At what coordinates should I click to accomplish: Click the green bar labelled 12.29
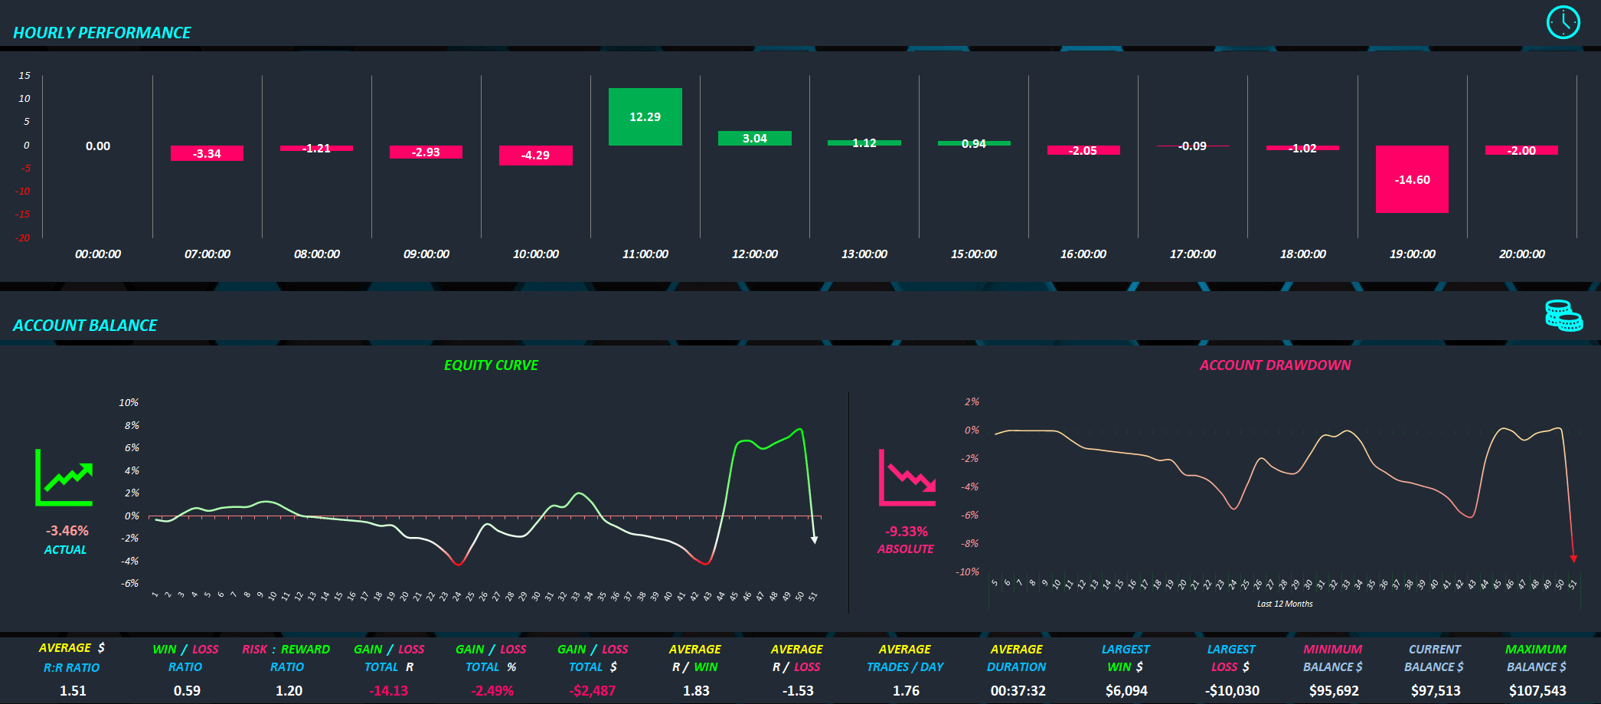click(x=645, y=116)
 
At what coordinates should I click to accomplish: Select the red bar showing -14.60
click(x=1412, y=179)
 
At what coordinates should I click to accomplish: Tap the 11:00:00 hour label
click(x=645, y=254)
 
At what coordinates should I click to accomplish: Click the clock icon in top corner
click(x=1563, y=22)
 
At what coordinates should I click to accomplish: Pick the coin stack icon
click(x=1563, y=316)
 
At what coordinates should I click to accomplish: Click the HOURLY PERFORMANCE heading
click(x=102, y=33)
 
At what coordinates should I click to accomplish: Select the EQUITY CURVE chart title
click(x=491, y=365)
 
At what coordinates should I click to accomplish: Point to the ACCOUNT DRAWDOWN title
click(x=1275, y=365)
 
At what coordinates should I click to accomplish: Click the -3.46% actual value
click(x=67, y=531)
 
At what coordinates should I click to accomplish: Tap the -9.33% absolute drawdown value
click(x=907, y=532)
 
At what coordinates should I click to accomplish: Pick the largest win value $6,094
click(x=1126, y=691)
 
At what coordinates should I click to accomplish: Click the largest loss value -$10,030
click(x=1232, y=691)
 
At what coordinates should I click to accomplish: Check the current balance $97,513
click(x=1436, y=691)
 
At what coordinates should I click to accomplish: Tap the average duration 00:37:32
click(x=1018, y=691)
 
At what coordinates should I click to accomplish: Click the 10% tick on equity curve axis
click(x=129, y=402)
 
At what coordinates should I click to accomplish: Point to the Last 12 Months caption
click(x=1285, y=604)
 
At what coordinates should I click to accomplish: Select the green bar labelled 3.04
click(x=754, y=139)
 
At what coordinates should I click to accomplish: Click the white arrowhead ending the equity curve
click(x=815, y=540)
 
